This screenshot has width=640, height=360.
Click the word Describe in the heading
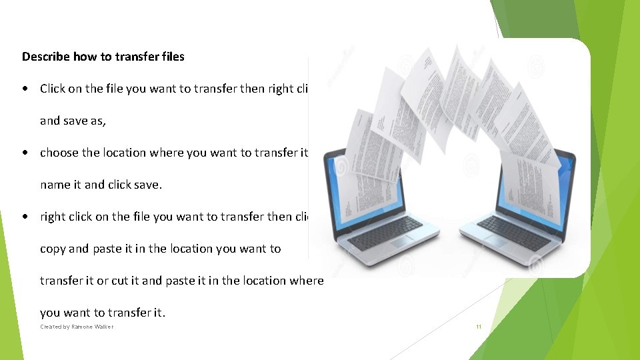(x=46, y=57)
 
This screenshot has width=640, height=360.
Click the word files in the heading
(x=171, y=57)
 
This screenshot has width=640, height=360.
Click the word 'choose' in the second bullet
(x=59, y=153)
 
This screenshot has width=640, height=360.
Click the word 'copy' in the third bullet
(x=53, y=249)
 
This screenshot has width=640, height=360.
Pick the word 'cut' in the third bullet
(x=119, y=281)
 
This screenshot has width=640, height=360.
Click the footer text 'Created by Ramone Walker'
(x=77, y=327)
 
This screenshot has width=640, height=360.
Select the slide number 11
(x=478, y=327)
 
